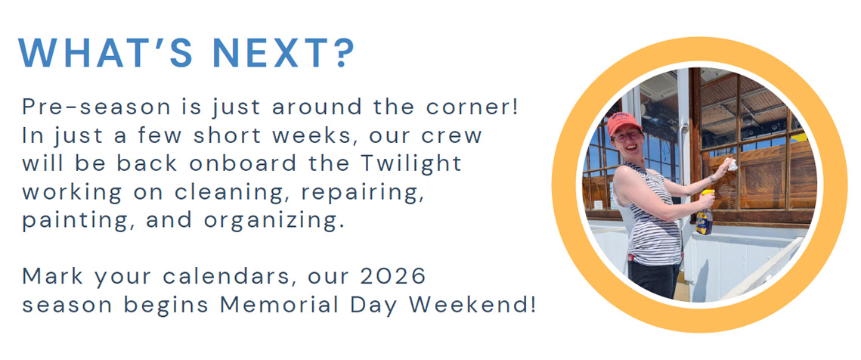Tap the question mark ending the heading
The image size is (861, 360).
click(x=342, y=53)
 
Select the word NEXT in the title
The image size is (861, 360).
click(x=270, y=53)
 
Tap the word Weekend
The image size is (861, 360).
click(x=474, y=306)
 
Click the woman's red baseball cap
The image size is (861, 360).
click(x=623, y=123)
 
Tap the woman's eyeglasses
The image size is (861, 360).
click(x=625, y=135)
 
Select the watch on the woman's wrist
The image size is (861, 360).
click(x=711, y=178)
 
